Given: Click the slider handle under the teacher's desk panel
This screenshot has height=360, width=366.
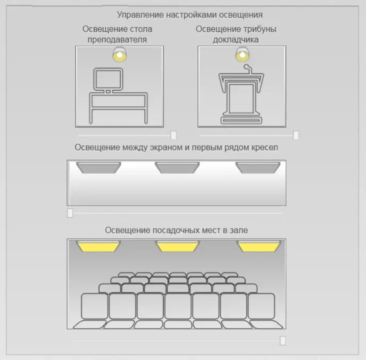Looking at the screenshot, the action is click(173, 135).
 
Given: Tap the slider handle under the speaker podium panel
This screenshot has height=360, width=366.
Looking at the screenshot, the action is click(296, 135).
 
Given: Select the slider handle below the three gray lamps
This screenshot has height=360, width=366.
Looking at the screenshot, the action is click(70, 213).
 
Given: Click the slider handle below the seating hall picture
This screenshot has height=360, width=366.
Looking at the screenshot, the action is click(282, 341).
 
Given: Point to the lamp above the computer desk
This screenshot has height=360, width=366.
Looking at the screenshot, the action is click(120, 55).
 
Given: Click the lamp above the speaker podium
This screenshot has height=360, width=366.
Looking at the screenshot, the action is click(242, 55).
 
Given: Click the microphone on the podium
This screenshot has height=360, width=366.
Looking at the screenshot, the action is click(248, 69).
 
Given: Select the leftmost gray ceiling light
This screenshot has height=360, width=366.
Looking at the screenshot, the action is click(99, 168).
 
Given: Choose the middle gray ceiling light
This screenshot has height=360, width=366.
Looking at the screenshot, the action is click(177, 168).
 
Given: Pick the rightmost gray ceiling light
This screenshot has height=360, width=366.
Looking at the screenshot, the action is click(258, 168).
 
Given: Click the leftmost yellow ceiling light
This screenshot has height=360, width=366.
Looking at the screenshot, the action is click(98, 246).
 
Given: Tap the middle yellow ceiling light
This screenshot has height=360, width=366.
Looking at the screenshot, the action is click(178, 246).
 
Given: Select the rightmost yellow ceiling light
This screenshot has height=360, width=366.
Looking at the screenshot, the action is click(259, 246).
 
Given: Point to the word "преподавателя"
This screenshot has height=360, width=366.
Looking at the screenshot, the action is click(117, 39).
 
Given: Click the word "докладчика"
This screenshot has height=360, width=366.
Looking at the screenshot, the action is click(236, 39).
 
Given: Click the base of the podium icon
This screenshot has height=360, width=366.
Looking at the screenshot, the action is click(241, 120).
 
